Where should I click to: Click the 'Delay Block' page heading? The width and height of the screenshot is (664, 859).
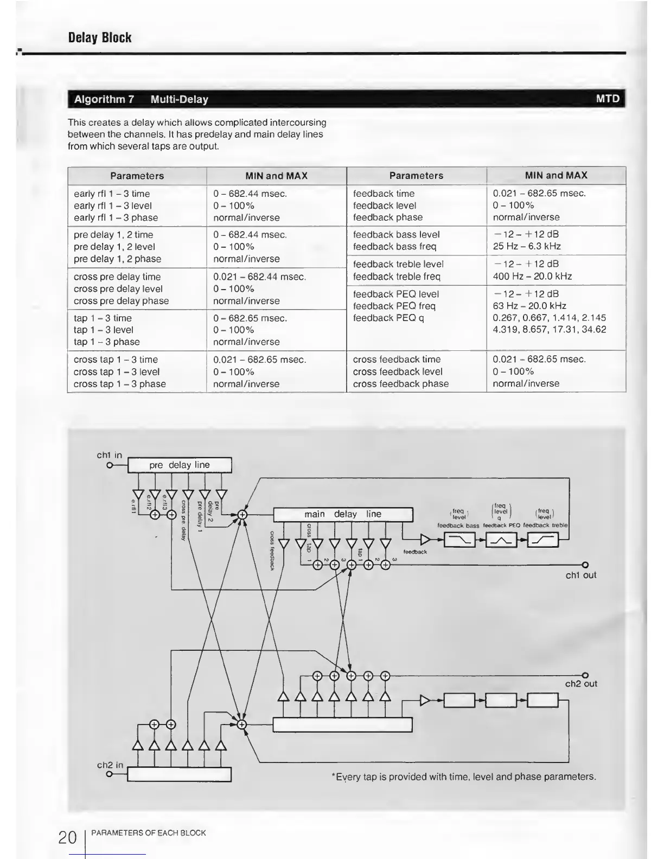point(100,37)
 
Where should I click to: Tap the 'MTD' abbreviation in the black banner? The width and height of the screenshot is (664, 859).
point(608,99)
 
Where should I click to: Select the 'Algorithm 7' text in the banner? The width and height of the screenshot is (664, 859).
point(104,99)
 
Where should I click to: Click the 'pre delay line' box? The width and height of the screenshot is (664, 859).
point(180,465)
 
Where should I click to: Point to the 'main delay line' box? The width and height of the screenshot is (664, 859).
point(343,514)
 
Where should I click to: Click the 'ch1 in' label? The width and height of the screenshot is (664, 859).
point(110,455)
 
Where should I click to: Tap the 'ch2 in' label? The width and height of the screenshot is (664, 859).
point(110,765)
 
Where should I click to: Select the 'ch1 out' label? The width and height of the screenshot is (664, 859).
point(580,575)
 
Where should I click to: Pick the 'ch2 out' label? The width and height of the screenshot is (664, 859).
point(581,684)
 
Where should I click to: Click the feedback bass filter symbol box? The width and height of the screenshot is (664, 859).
point(459,540)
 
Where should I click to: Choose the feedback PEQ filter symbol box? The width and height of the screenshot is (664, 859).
point(501,540)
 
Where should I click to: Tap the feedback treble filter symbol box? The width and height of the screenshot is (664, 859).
point(542,540)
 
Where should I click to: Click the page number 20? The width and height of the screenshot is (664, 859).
point(67,838)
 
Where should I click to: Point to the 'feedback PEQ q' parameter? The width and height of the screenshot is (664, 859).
point(387,318)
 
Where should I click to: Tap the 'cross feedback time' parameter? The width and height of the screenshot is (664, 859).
point(397,360)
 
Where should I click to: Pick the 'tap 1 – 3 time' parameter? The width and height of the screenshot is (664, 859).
point(103,318)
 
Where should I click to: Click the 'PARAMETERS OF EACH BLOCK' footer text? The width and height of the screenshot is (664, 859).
point(149,833)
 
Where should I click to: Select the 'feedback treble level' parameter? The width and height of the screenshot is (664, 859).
point(398,264)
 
